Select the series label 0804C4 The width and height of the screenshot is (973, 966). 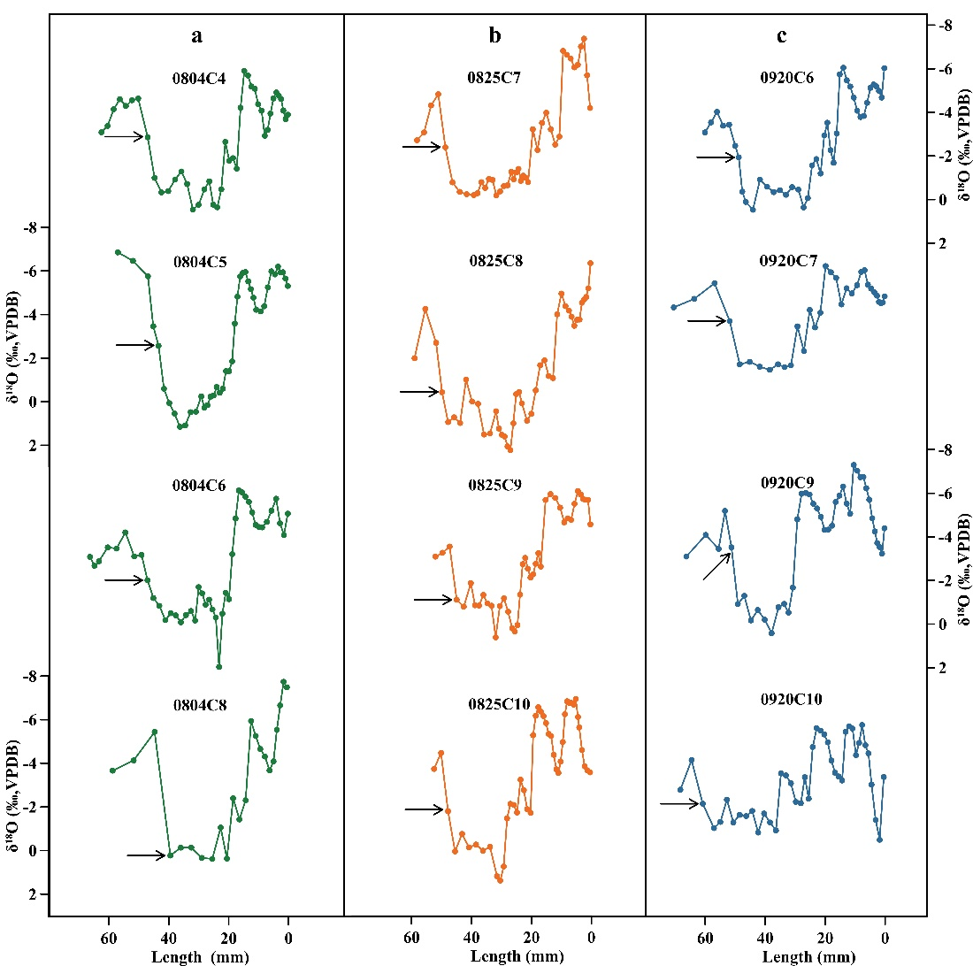[x=199, y=79]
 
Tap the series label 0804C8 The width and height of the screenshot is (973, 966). [x=199, y=705]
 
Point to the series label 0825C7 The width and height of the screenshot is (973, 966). [x=494, y=78]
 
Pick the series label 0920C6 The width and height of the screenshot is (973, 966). [x=787, y=79]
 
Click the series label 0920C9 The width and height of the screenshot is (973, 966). [x=787, y=482]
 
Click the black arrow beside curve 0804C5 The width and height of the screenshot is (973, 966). [x=135, y=345]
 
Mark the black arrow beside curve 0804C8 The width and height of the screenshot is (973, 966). [x=147, y=855]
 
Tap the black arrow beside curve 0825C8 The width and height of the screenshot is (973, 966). [x=419, y=391]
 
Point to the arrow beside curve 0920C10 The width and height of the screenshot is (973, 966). [x=680, y=803]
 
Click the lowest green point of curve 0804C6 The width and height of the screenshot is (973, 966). [x=218, y=666]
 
